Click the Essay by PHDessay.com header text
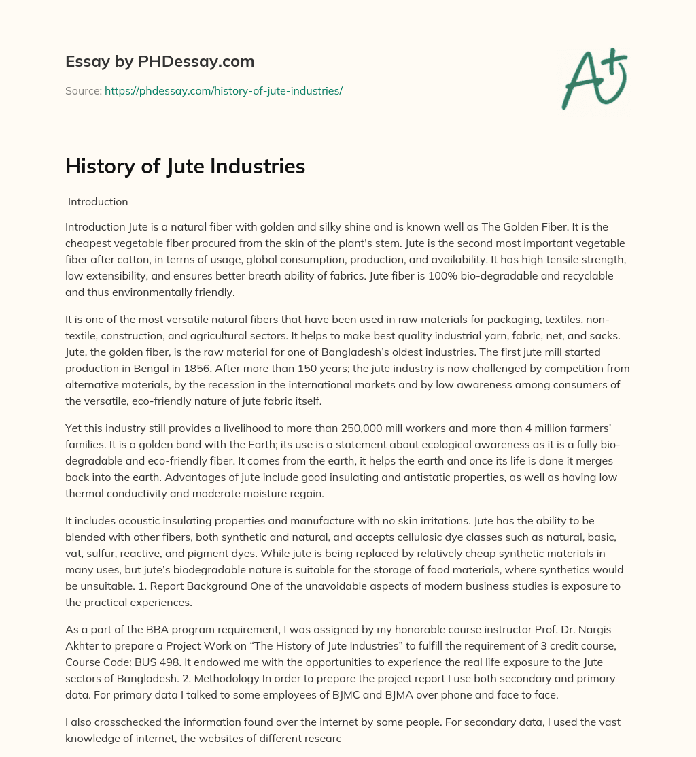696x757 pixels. point(160,62)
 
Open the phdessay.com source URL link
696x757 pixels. point(224,90)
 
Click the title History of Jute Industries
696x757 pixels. point(185,167)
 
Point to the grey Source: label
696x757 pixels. point(84,90)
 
